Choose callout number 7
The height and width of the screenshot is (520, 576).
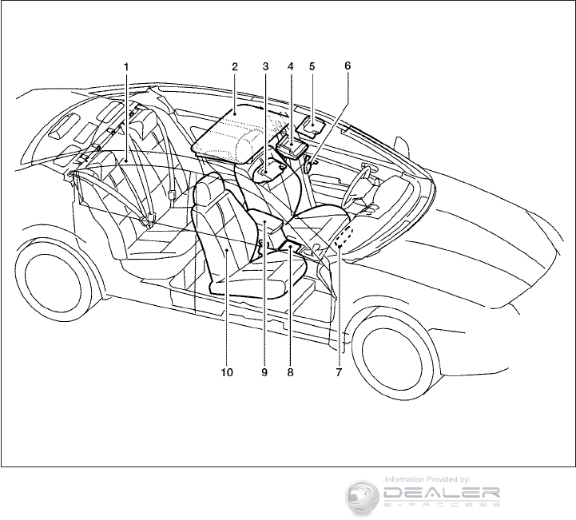coord(339,371)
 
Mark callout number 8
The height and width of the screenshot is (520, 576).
coord(291,371)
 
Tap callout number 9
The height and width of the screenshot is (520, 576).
coord(264,371)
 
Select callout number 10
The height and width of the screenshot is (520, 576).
coord(228,371)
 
